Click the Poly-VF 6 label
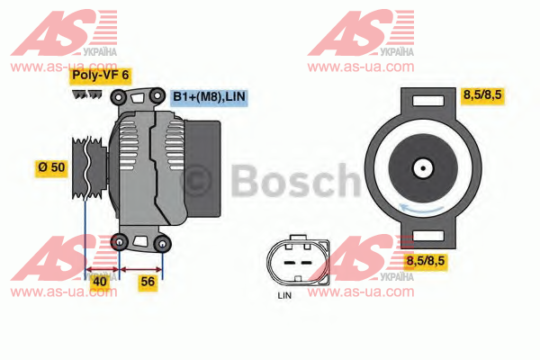pyautogui.click(x=101, y=76)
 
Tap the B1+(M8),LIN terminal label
pyautogui.click(x=209, y=97)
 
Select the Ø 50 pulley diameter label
pyautogui.click(x=51, y=167)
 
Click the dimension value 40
pyautogui.click(x=100, y=282)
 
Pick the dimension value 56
pyautogui.click(x=148, y=282)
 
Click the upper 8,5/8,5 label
pyautogui.click(x=482, y=94)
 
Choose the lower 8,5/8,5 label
pyautogui.click(x=426, y=261)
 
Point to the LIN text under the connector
pyautogui.click(x=284, y=295)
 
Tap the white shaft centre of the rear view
pyautogui.click(x=423, y=168)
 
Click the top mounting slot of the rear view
pyautogui.click(x=428, y=102)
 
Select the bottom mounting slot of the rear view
pyautogui.click(x=428, y=236)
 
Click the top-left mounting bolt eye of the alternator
pyautogui.click(x=119, y=97)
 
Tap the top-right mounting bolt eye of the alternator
pyautogui.click(x=157, y=95)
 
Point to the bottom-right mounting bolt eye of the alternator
pyautogui.click(x=163, y=243)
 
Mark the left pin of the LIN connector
pyautogui.click(x=289, y=263)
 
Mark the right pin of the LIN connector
pyautogui.click(x=307, y=263)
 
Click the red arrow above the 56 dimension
pyautogui.click(x=141, y=269)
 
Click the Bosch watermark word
pyautogui.click(x=295, y=181)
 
